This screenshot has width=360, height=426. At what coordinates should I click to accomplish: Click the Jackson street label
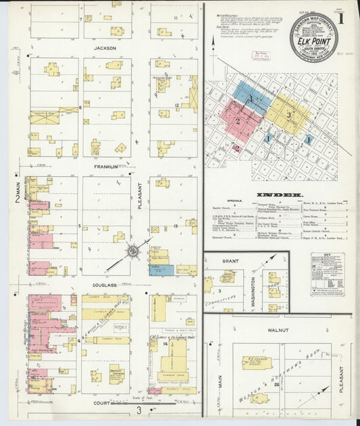coord(105,49)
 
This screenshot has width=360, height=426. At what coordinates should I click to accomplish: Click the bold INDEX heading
coord(280,195)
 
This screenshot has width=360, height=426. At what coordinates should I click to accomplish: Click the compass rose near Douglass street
coord(133,252)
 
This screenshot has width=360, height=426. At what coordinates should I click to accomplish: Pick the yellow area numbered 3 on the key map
coord(288,115)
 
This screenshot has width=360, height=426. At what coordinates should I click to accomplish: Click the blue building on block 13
coord(161,270)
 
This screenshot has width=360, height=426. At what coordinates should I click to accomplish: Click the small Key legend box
coord(328,274)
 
